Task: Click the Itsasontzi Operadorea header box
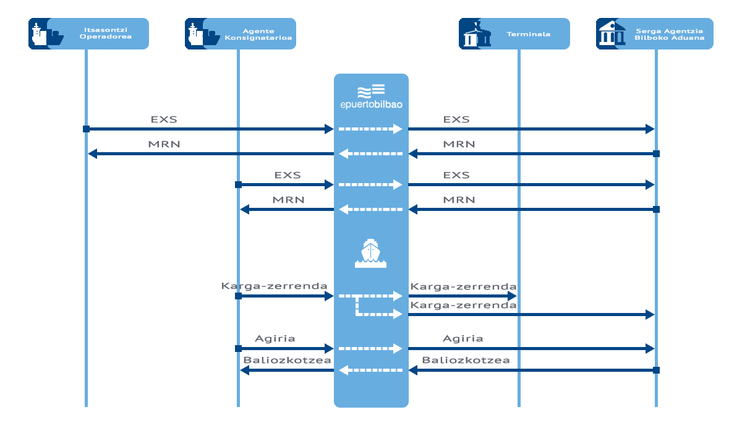[88, 34]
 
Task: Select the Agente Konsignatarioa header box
[241, 34]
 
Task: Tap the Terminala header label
[528, 34]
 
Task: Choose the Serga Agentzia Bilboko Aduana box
[655, 34]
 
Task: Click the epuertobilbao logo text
[372, 105]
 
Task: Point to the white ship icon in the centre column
[370, 253]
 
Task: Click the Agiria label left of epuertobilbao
[275, 338]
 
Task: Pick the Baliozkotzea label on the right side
[466, 360]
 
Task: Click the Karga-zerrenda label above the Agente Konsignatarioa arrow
[275, 286]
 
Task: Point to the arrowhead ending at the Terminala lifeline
[512, 296]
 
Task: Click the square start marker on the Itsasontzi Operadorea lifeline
[86, 129]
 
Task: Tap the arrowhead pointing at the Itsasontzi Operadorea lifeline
[92, 154]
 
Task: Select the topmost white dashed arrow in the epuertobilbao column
[370, 129]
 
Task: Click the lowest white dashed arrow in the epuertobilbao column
[370, 370]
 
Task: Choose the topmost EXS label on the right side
[456, 119]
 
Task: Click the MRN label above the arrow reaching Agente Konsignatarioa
[288, 200]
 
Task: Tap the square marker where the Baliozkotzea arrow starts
[656, 370]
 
